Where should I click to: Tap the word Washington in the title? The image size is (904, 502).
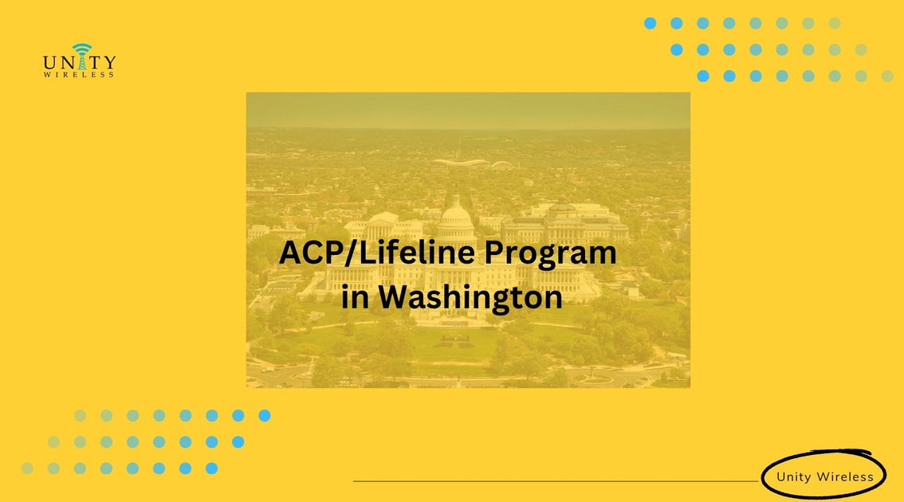point(470,297)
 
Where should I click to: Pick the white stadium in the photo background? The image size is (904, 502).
point(461,163)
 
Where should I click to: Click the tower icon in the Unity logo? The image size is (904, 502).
point(80,57)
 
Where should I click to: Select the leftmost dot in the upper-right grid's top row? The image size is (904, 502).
point(650,23)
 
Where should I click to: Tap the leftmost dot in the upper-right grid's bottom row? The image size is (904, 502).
point(702,76)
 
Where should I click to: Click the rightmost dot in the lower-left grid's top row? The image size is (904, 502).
point(265,415)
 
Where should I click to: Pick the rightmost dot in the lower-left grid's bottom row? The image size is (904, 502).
point(211,469)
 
